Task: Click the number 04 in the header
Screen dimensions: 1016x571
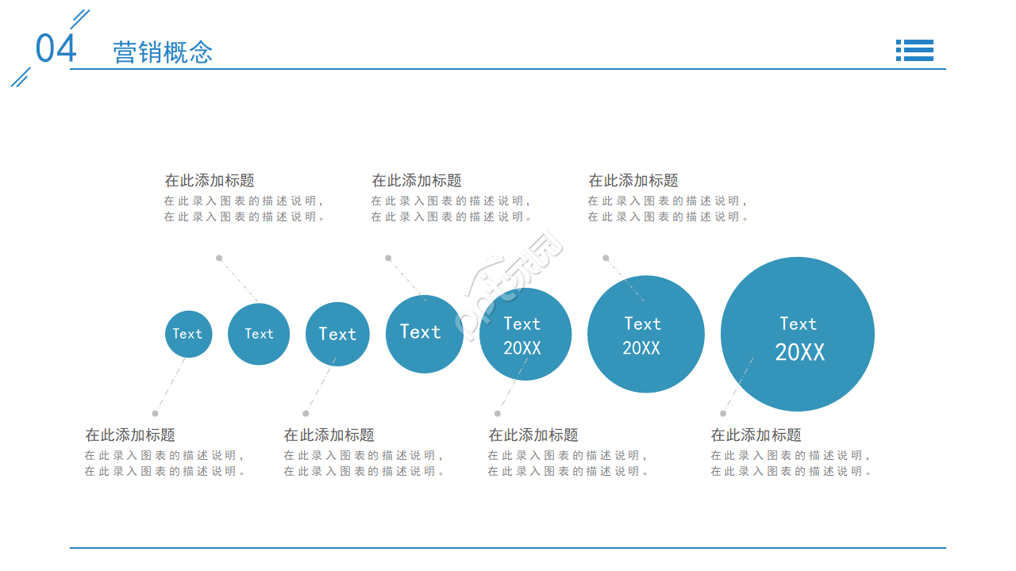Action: (56, 48)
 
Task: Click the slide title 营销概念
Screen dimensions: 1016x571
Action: (163, 52)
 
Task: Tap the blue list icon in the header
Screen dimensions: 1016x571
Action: (914, 50)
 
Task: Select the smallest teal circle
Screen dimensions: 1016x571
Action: (189, 334)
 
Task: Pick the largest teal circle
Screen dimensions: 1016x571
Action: (798, 334)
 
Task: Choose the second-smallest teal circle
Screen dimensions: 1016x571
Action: (259, 334)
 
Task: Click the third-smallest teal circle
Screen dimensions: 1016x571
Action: (337, 334)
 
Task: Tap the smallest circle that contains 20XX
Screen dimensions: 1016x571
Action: (525, 334)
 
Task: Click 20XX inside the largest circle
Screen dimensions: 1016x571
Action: (799, 352)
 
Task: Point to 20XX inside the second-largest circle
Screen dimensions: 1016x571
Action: (641, 348)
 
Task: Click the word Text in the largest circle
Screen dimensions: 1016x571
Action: (798, 324)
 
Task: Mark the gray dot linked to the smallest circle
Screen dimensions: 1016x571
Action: (155, 413)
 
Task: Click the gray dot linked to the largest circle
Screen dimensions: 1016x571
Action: (723, 413)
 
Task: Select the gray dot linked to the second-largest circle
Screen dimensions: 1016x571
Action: (606, 258)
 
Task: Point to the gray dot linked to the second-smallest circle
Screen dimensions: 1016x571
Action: (219, 258)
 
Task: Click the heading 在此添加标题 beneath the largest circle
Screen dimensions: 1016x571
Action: (756, 435)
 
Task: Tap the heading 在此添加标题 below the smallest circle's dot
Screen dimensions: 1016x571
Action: (130, 435)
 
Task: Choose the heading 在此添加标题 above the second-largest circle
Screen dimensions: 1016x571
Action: (633, 180)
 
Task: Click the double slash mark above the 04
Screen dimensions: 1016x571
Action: (80, 19)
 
